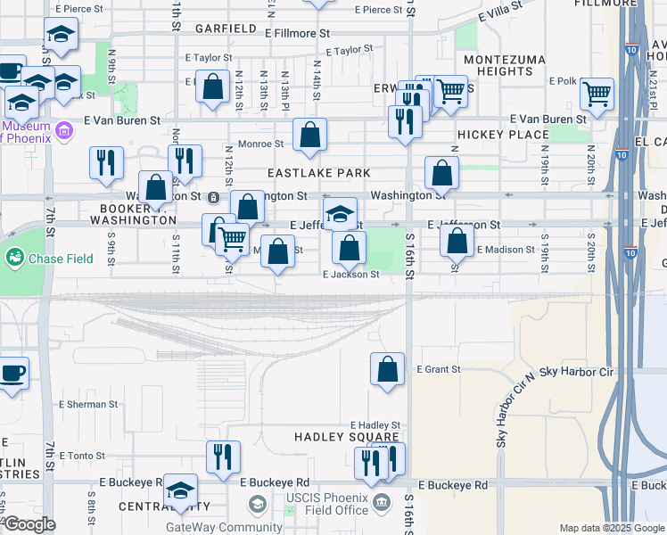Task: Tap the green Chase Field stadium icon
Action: point(14,259)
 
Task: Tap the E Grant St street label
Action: point(438,369)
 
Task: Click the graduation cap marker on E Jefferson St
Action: point(340,214)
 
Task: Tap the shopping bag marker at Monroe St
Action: point(309,136)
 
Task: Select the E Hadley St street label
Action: point(375,426)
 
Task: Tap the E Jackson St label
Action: point(350,275)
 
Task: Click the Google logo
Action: point(29,524)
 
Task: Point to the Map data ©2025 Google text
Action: point(611,528)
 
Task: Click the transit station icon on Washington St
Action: point(214,196)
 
